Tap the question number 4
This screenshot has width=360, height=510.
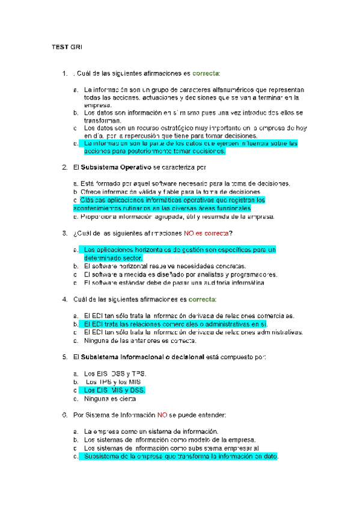point(64,299)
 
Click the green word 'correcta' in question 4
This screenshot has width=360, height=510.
point(205,299)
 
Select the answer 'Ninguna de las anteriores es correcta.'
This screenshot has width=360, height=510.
point(139,340)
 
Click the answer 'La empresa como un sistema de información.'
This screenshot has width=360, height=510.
point(151,431)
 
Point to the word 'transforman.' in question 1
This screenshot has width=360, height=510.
point(103,120)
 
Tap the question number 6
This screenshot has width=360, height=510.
point(64,415)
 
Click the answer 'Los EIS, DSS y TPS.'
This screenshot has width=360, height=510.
point(114,373)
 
